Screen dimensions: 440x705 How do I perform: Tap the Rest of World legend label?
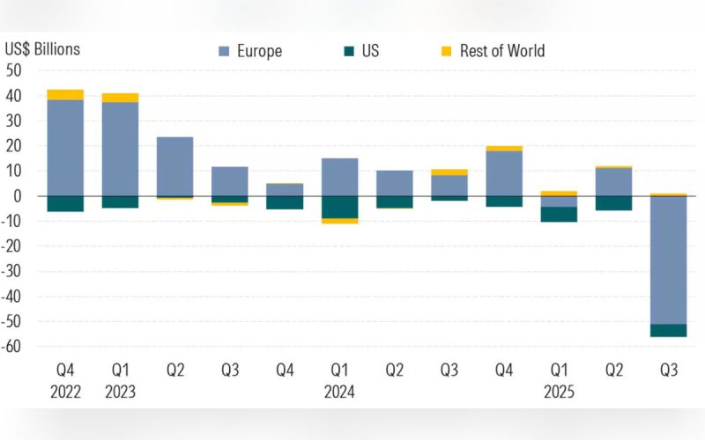click(x=501, y=51)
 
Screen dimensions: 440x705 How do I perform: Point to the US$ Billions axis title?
click(x=42, y=48)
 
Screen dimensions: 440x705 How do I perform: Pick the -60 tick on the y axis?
click(x=12, y=347)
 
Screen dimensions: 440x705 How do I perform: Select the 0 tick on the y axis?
click(x=17, y=196)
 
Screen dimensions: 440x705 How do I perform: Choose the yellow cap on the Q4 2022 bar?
click(x=65, y=94)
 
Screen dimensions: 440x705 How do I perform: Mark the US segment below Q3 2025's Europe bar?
click(x=669, y=330)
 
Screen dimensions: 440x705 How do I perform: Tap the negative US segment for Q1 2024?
click(x=339, y=207)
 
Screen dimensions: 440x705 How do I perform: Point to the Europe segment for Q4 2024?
click(x=504, y=173)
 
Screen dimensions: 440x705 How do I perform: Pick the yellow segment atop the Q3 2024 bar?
click(x=449, y=172)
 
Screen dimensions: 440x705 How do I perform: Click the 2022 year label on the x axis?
click(x=64, y=392)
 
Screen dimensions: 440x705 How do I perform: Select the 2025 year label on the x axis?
click(x=559, y=392)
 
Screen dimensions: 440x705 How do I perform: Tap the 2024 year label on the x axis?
click(x=339, y=392)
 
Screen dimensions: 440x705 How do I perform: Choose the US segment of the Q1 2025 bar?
click(x=559, y=214)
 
